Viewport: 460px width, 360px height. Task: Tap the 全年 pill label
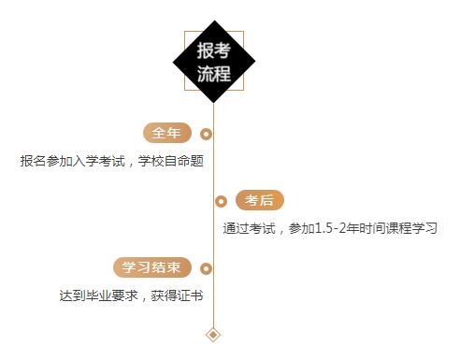pyautogui.click(x=167, y=133)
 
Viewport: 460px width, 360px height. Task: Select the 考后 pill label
pyautogui.click(x=259, y=200)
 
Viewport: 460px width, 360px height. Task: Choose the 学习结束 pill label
pyautogui.click(x=152, y=267)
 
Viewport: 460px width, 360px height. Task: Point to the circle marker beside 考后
pyautogui.click(x=221, y=201)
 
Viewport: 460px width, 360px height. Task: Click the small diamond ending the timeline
pyautogui.click(x=213, y=334)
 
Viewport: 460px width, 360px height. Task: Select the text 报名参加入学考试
pyautogui.click(x=71, y=160)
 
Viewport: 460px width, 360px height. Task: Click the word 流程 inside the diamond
pyautogui.click(x=213, y=74)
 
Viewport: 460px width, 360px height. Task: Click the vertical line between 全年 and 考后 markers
pyautogui.click(x=213, y=168)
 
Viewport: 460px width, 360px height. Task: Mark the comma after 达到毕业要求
pyautogui.click(x=143, y=297)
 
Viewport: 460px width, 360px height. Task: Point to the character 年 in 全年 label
pyautogui.click(x=175, y=133)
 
